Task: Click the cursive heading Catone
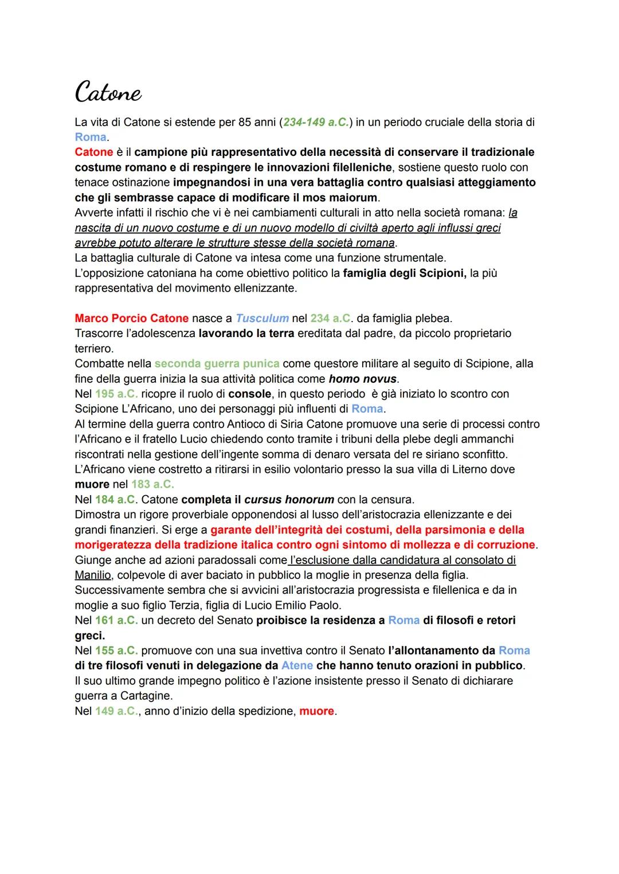point(108,92)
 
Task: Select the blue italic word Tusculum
point(262,318)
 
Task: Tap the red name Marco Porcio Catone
point(131,318)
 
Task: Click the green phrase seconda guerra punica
point(217,363)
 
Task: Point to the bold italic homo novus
point(362,379)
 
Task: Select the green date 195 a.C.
point(116,394)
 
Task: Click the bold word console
point(249,394)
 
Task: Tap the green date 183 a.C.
point(152,484)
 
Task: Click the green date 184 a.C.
point(116,499)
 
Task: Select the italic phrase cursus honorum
point(289,499)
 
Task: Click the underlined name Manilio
point(93,575)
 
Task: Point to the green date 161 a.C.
point(116,620)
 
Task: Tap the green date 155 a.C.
point(116,650)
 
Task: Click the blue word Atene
point(297,665)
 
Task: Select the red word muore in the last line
point(316,711)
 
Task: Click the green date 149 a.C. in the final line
point(116,711)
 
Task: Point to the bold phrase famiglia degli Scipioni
point(404,273)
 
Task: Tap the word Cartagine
point(146,696)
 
